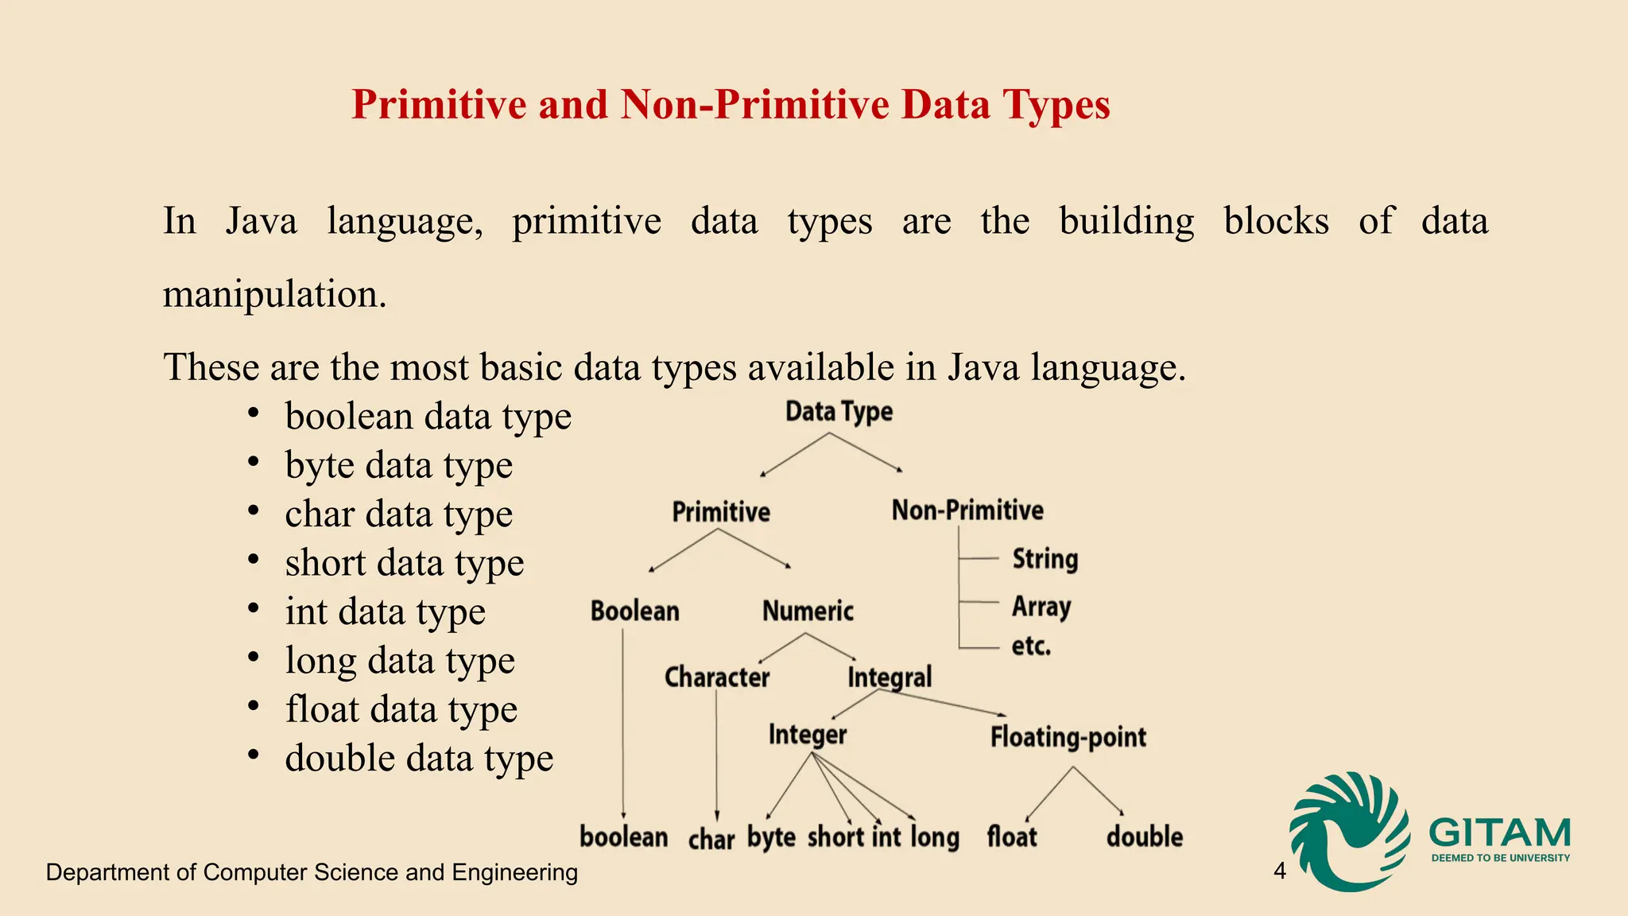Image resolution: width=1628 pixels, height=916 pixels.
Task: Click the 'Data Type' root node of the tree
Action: pos(839,412)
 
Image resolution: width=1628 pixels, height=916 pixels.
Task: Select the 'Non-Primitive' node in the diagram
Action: pos(967,510)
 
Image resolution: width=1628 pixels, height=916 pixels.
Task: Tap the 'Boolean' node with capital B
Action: pos(634,611)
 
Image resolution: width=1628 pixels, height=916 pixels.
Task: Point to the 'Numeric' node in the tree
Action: pos(808,611)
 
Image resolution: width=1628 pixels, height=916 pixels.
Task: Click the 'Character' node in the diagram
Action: pos(717,677)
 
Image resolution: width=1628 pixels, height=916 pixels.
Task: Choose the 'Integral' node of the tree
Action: pos(890,677)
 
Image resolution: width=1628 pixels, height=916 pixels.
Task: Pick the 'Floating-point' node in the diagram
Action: pos(1068,737)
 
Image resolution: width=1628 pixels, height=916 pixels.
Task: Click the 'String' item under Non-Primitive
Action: pos(1045,559)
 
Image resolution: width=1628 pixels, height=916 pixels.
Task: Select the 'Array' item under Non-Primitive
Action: pos(1041,607)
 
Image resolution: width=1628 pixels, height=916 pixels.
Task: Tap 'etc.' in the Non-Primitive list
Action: pos(1031,646)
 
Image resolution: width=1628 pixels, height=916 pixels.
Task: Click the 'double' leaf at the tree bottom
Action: pos(1145,836)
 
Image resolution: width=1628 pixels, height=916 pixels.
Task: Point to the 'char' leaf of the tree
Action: pos(711,839)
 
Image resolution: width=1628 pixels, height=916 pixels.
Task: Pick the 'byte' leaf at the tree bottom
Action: pos(771,837)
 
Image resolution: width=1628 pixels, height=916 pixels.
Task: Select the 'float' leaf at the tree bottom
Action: pos(1012,836)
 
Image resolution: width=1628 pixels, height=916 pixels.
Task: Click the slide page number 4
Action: pos(1280,871)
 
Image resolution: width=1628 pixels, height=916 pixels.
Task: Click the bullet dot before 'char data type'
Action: pos(253,510)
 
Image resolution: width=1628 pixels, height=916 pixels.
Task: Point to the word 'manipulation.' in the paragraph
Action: pos(275,294)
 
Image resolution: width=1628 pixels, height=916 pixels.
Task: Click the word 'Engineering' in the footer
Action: pos(515,872)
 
